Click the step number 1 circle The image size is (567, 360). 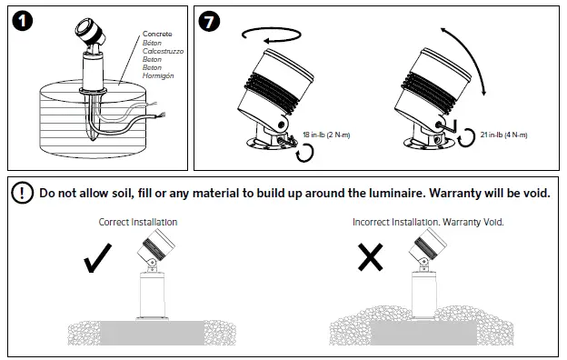[23, 21]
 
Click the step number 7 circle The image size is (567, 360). [209, 21]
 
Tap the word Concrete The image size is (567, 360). [157, 34]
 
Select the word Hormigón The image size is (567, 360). [158, 75]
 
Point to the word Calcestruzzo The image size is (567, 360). [163, 51]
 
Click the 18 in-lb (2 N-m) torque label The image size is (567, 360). [326, 135]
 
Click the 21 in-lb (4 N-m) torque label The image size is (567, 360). [503, 135]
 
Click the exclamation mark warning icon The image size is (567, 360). [23, 193]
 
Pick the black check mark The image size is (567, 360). [97, 257]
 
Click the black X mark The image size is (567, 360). [371, 257]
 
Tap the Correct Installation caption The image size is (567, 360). [138, 222]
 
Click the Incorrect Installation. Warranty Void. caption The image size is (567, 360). [428, 222]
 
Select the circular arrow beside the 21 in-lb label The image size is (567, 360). [466, 137]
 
